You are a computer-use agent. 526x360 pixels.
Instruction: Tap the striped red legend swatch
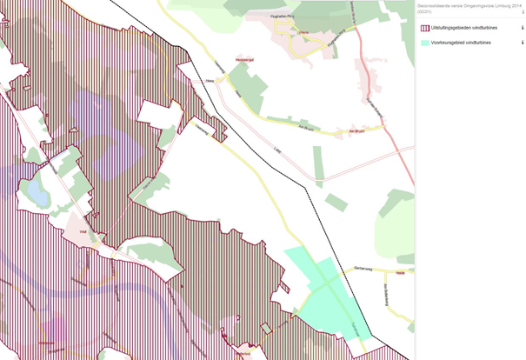[424, 28]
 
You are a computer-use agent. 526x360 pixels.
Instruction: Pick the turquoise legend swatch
[424, 42]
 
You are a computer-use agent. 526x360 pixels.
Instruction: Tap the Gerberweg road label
[363, 268]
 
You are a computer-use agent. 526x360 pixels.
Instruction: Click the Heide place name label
[401, 271]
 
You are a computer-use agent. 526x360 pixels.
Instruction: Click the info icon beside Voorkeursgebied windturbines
[522, 42]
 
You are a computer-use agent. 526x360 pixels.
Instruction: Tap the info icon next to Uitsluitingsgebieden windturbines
[522, 28]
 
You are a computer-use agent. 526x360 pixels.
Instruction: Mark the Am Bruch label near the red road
[355, 131]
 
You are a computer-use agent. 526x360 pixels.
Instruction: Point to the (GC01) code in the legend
[423, 11]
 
